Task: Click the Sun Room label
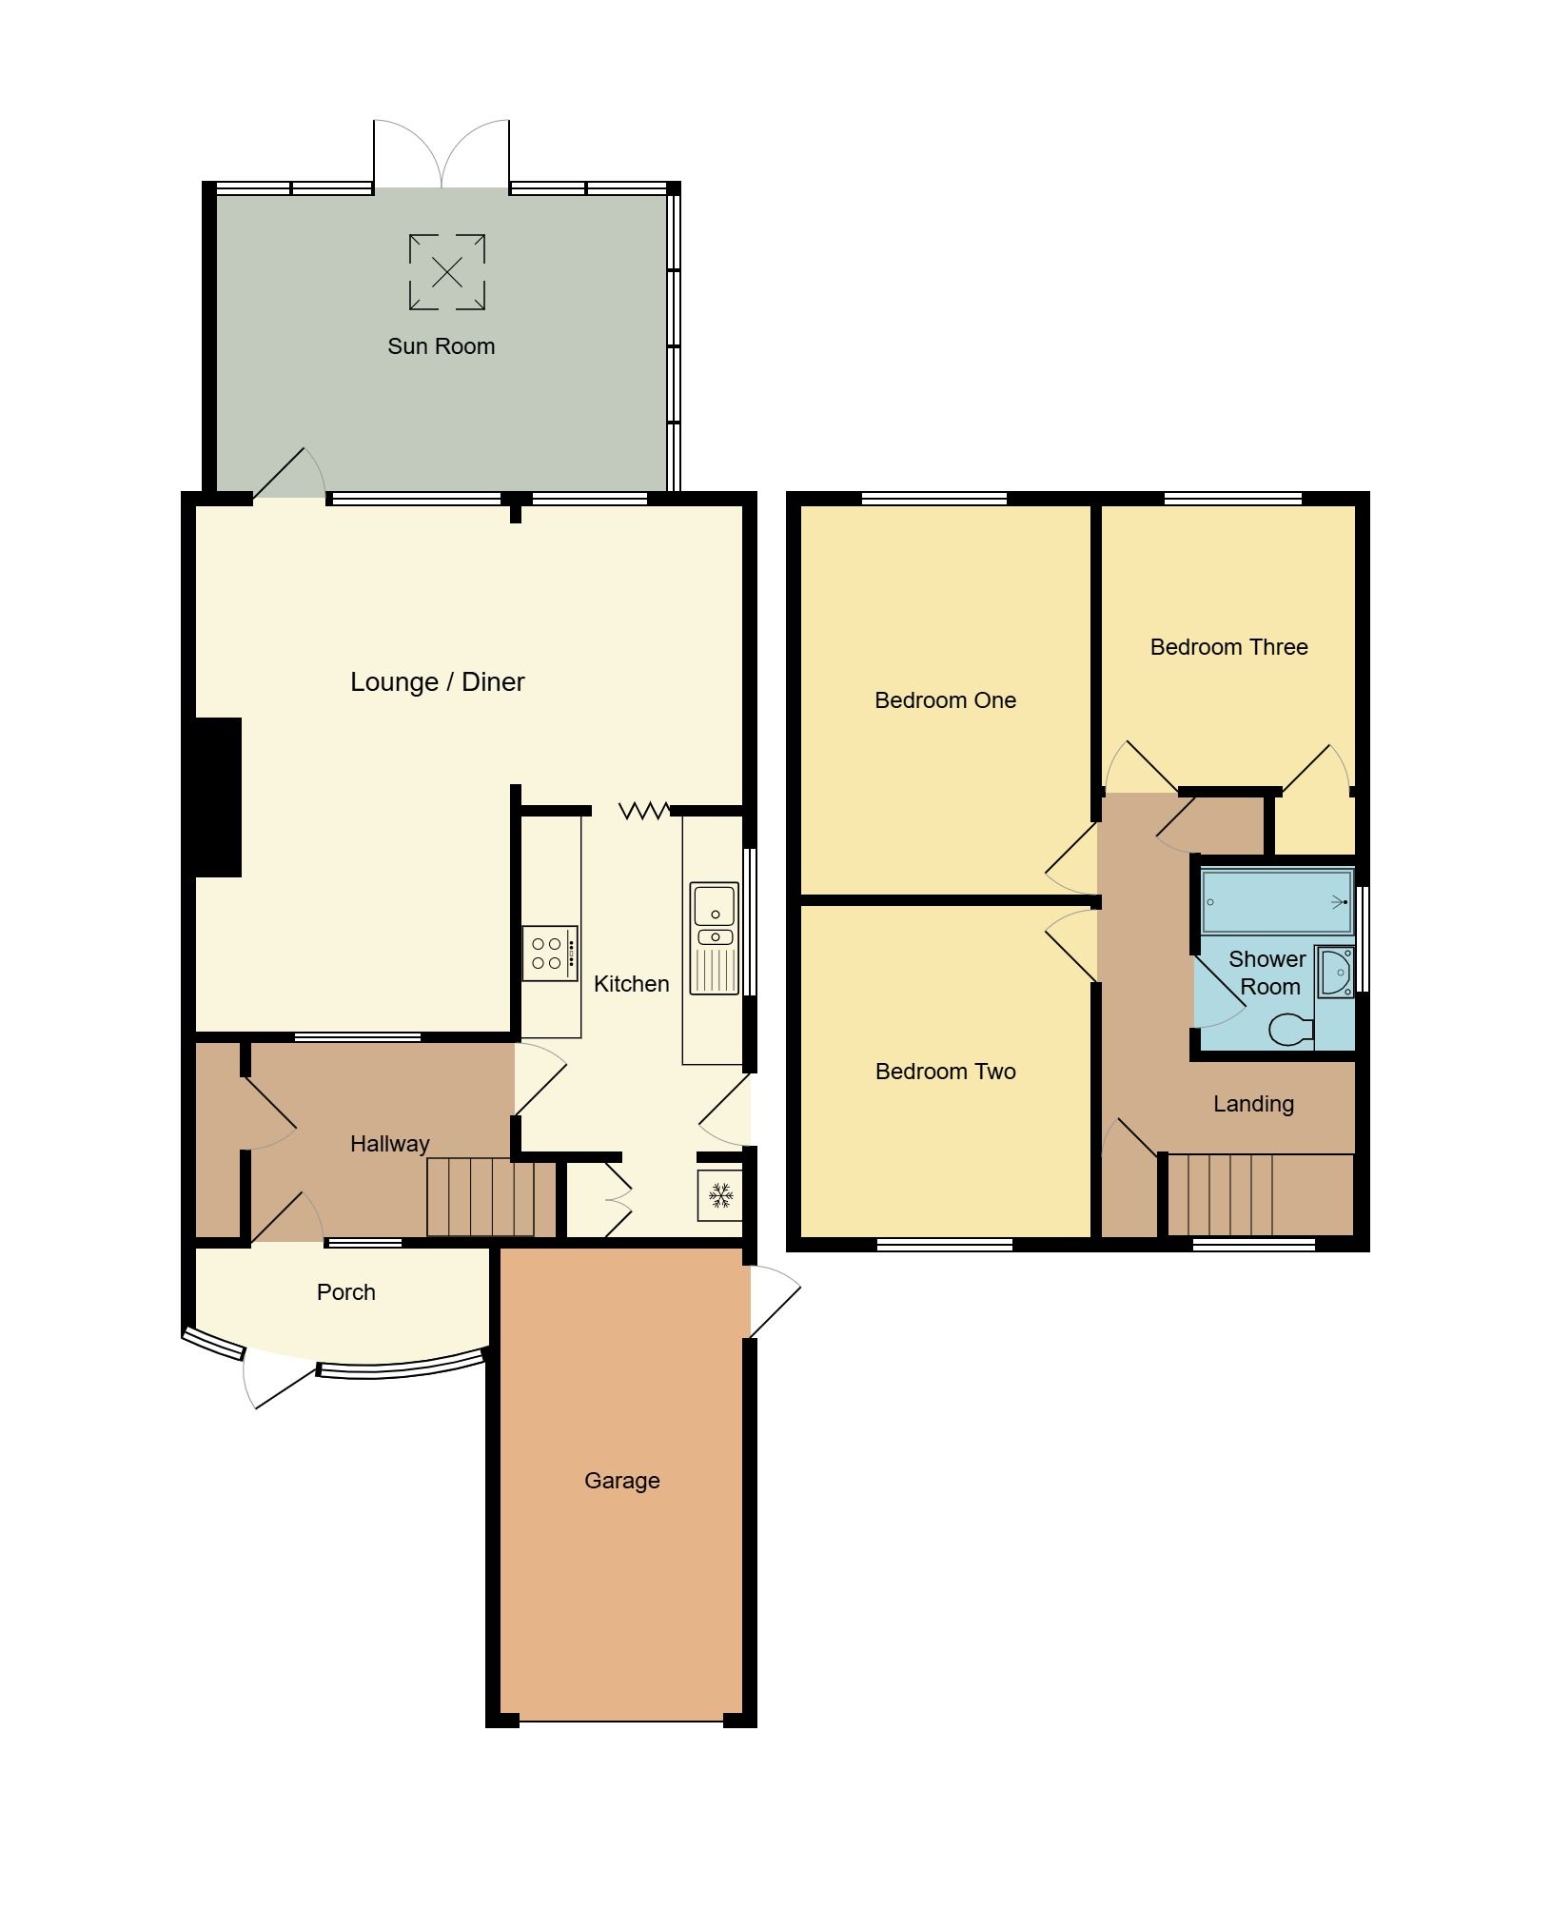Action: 441,346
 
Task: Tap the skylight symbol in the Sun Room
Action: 447,272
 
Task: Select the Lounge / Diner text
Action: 437,682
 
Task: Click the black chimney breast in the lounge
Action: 218,797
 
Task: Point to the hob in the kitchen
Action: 549,953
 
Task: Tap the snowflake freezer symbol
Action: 720,1195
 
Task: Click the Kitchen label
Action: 631,984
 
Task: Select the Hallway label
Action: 389,1144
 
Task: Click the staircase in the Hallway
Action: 489,1197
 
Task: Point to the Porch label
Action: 345,1292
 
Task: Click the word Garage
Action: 621,1481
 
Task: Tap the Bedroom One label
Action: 945,700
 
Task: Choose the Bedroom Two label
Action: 945,1072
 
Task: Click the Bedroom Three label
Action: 1228,647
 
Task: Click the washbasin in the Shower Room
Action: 1336,972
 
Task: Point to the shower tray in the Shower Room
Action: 1276,901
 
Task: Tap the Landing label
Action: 1253,1104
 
